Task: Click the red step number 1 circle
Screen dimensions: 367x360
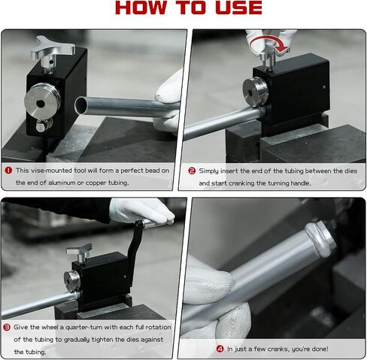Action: [8, 171]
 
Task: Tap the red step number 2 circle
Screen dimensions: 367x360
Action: [192, 171]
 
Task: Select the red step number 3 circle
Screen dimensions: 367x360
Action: [7, 327]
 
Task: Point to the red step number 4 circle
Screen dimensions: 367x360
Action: [220, 349]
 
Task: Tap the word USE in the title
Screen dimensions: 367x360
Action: [239, 8]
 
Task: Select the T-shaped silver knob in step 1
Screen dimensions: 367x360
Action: [53, 50]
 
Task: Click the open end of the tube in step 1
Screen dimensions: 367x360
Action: [80, 104]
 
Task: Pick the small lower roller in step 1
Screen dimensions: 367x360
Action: [43, 126]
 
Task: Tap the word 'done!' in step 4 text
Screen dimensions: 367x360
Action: [319, 349]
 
